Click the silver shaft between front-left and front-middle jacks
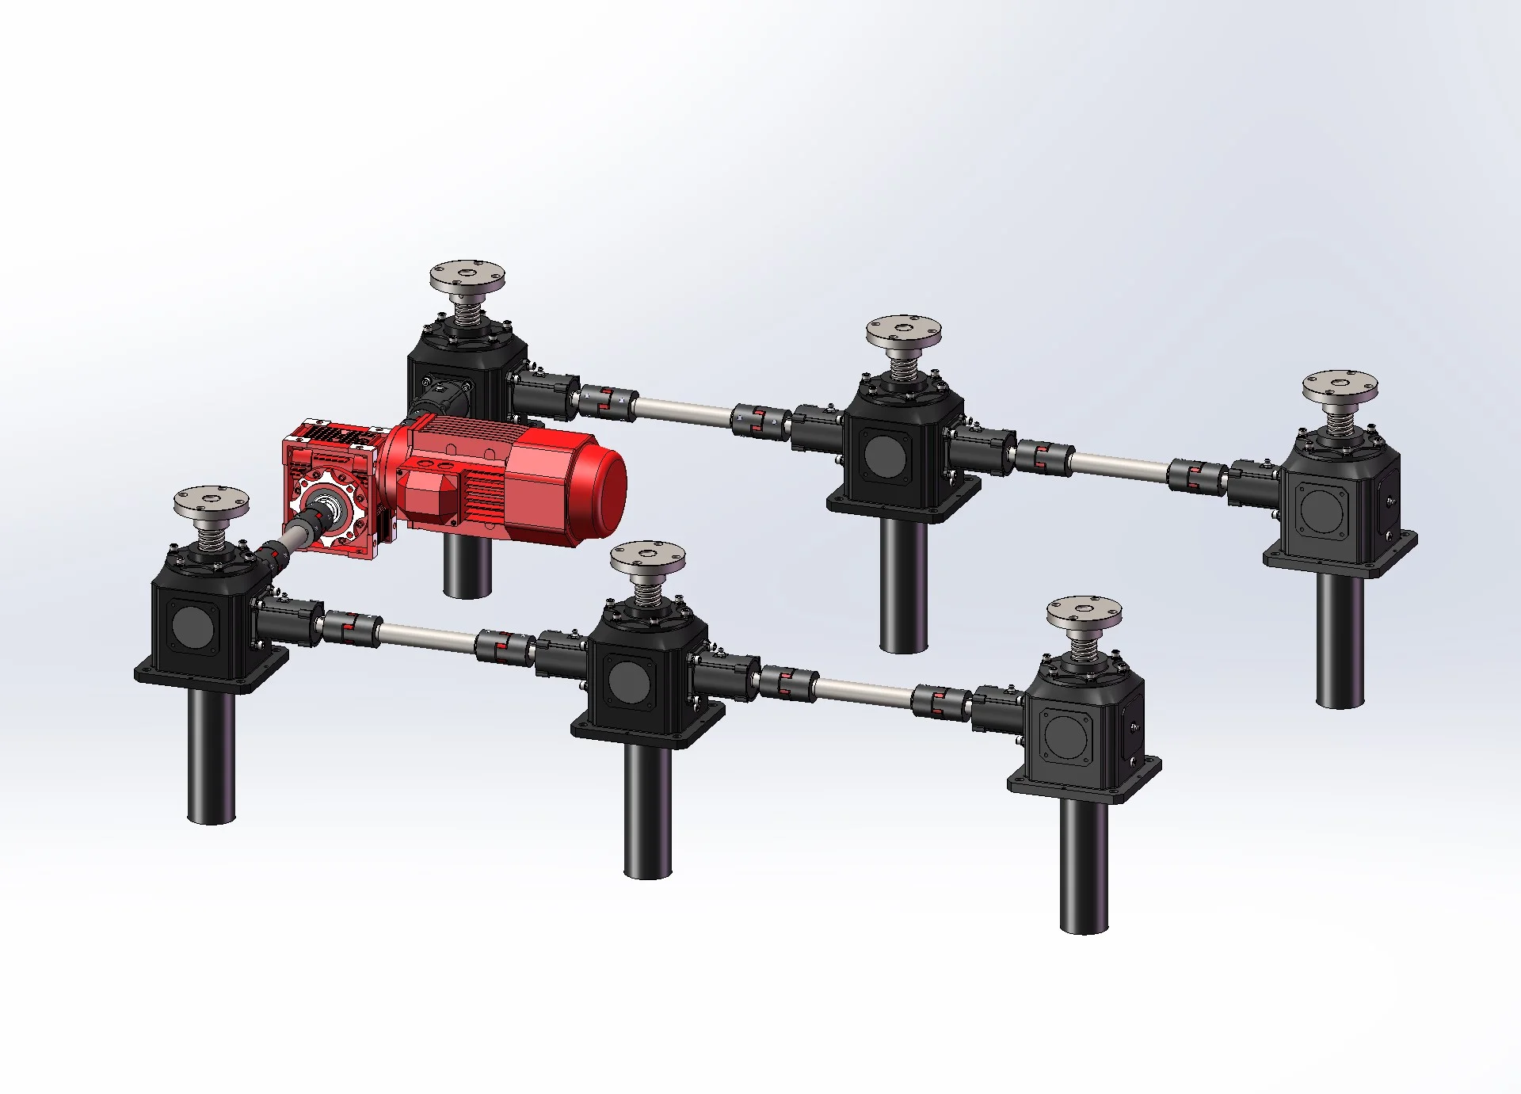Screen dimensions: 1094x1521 click(x=428, y=636)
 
